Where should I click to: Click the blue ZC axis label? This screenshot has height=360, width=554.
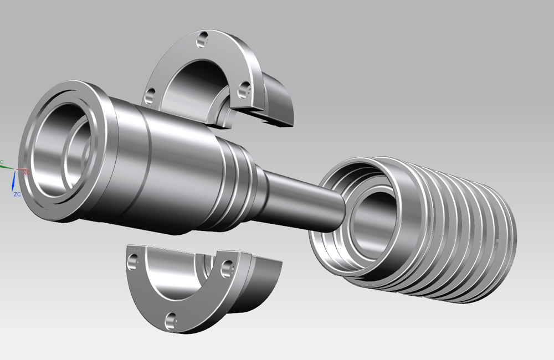point(17,194)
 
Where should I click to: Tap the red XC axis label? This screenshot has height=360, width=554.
point(25,172)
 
